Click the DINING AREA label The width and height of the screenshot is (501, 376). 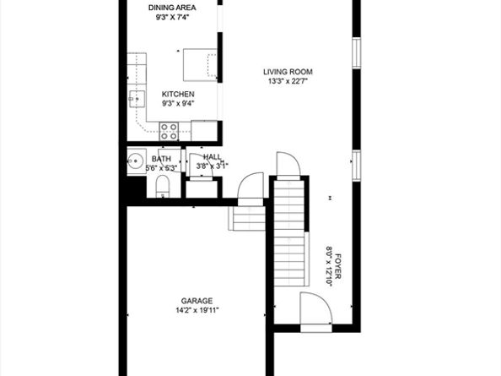(x=168, y=8)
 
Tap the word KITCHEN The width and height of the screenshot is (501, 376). (x=178, y=94)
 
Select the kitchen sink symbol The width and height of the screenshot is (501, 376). (x=136, y=101)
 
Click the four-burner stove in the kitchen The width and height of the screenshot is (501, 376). (x=169, y=131)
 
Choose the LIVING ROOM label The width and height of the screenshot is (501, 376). (x=288, y=72)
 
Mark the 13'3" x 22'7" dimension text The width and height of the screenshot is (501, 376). (x=288, y=82)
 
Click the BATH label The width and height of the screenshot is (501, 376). (x=161, y=158)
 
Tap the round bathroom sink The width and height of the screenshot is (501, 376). (x=135, y=161)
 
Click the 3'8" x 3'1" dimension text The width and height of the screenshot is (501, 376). (x=212, y=166)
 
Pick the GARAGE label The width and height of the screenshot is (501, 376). (x=197, y=301)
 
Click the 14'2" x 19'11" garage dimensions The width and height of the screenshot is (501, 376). (x=197, y=311)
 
